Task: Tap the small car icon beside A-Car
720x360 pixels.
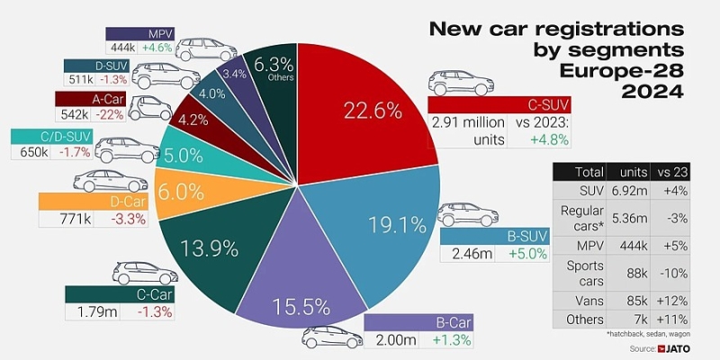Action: pos(149,109)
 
